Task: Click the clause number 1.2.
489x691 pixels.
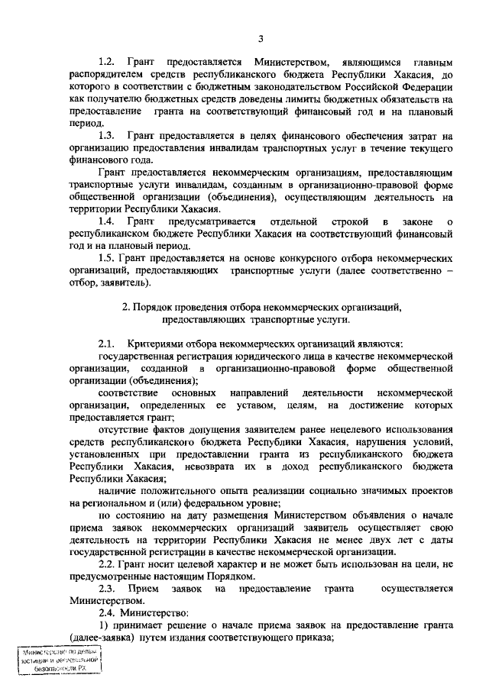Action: pos(108,60)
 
